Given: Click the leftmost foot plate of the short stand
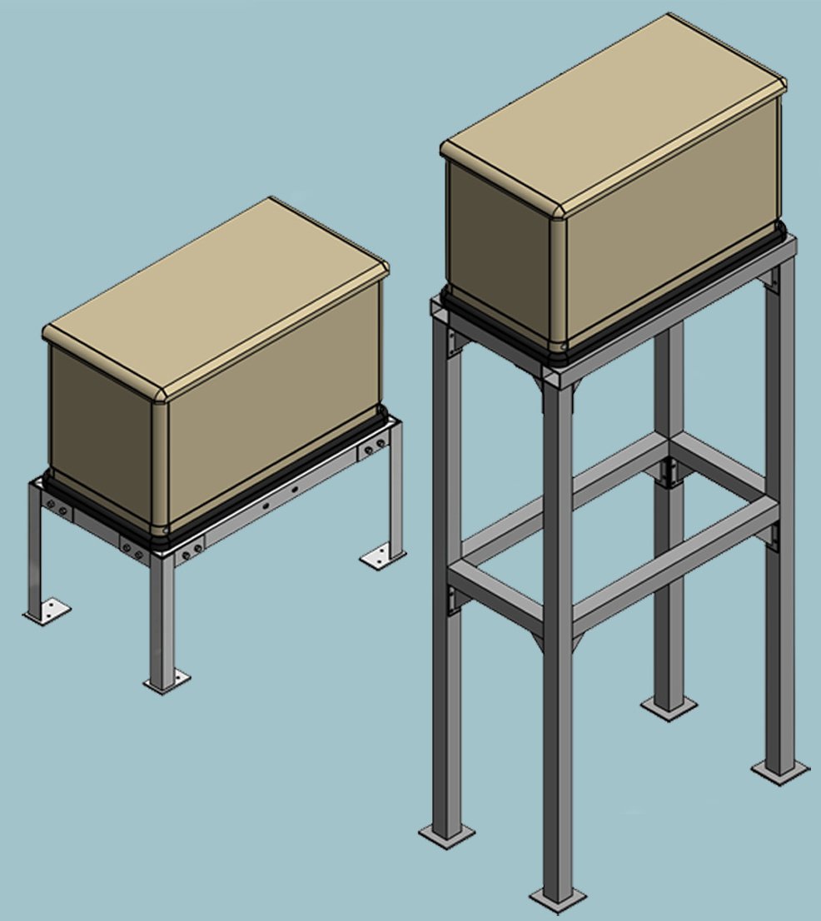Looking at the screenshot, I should point(47,612).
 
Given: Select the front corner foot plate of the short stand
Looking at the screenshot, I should point(167,682).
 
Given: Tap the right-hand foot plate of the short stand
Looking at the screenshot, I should point(382,556).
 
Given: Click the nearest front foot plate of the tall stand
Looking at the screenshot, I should point(558,899).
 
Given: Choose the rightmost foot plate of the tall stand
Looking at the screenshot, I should point(779,769).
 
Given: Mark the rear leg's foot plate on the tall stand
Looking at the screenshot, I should point(669,707).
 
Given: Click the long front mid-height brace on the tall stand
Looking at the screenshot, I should point(674,566).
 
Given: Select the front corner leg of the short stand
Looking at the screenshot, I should point(162,616).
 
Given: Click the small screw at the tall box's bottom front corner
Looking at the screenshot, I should point(564,345).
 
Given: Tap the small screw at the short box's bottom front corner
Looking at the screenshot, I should point(165,526).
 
